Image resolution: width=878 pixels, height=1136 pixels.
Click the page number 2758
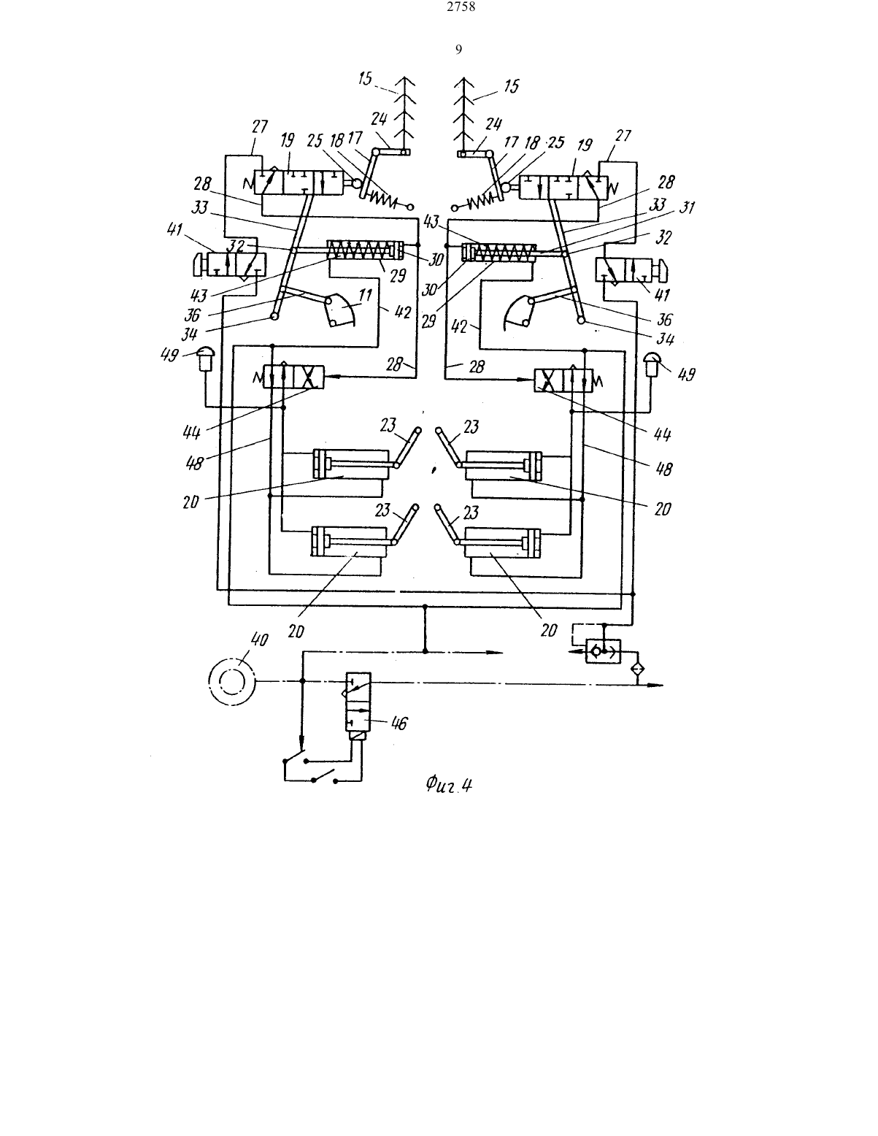click(x=461, y=7)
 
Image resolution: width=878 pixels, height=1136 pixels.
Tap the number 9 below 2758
click(x=458, y=50)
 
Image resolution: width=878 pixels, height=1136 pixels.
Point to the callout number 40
click(x=259, y=640)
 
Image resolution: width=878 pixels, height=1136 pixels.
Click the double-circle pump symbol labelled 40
click(x=232, y=681)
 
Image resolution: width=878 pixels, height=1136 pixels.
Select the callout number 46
click(x=398, y=724)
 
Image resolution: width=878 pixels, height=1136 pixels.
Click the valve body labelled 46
click(x=358, y=702)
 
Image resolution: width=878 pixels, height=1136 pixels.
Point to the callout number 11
click(x=366, y=296)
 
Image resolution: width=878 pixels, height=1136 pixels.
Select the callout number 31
click(x=687, y=207)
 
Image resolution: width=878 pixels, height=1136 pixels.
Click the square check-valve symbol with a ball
click(x=603, y=651)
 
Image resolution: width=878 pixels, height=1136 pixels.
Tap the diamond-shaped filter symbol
click(x=637, y=669)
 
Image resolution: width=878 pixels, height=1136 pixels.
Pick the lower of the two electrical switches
click(x=325, y=777)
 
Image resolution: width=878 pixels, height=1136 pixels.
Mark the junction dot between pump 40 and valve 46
click(x=301, y=680)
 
